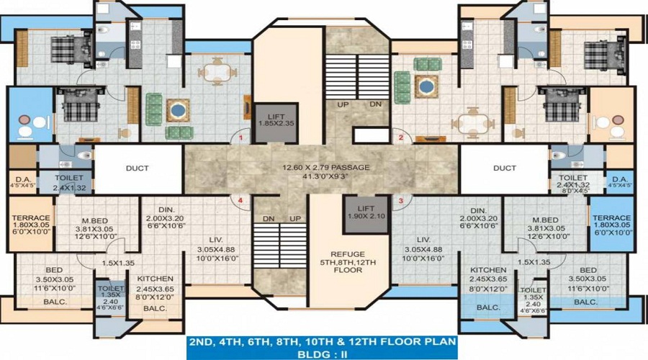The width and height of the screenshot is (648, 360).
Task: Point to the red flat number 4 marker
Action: point(242,199)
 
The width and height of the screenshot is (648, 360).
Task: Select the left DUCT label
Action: point(137,168)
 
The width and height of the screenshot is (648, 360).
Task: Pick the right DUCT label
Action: point(505,168)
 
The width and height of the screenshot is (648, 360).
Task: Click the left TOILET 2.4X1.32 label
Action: point(71,181)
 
